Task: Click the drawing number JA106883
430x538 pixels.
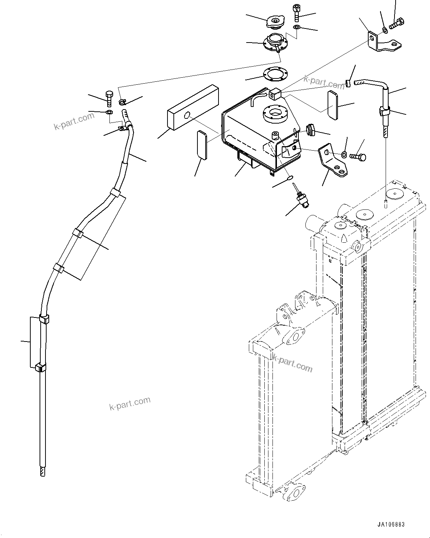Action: click(391, 525)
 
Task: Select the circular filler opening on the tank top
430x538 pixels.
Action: click(275, 113)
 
